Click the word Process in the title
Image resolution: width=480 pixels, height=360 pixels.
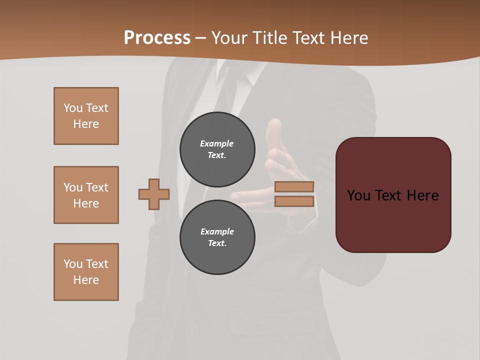tap(157, 37)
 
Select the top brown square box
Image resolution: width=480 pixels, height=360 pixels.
tap(86, 116)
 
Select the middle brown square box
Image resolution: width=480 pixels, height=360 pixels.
tap(86, 195)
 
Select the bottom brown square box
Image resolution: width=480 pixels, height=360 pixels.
tap(86, 272)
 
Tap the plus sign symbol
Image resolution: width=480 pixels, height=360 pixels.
tap(154, 194)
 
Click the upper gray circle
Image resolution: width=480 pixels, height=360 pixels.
tap(217, 149)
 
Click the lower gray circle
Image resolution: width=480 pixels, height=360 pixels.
tap(217, 237)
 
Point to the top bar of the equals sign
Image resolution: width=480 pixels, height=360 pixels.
tap(294, 186)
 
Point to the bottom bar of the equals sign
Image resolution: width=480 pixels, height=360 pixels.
tap(294, 201)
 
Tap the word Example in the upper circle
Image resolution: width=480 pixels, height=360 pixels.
tap(217, 143)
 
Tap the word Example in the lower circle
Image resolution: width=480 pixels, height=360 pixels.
tap(217, 231)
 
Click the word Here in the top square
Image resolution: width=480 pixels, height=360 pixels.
tap(86, 124)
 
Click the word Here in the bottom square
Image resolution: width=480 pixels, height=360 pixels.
tap(86, 280)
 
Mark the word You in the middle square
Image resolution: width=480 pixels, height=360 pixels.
tap(72, 187)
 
